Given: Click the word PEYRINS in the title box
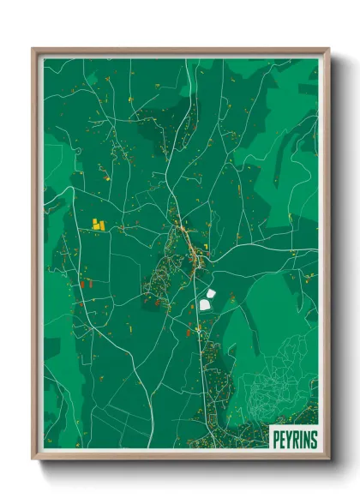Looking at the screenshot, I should tap(294, 441).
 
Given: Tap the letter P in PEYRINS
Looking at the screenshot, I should tap(277, 441).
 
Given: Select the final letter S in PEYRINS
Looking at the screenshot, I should tap(313, 441).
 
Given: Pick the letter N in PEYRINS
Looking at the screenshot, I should tap(306, 441).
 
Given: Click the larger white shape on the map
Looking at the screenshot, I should tap(205, 303).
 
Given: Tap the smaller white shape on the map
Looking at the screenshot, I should tap(210, 291).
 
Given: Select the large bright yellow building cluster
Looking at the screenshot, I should tap(98, 224).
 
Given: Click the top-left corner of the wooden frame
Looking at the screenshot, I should tap(33, 49).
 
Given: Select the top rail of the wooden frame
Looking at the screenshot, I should tap(180, 51).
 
